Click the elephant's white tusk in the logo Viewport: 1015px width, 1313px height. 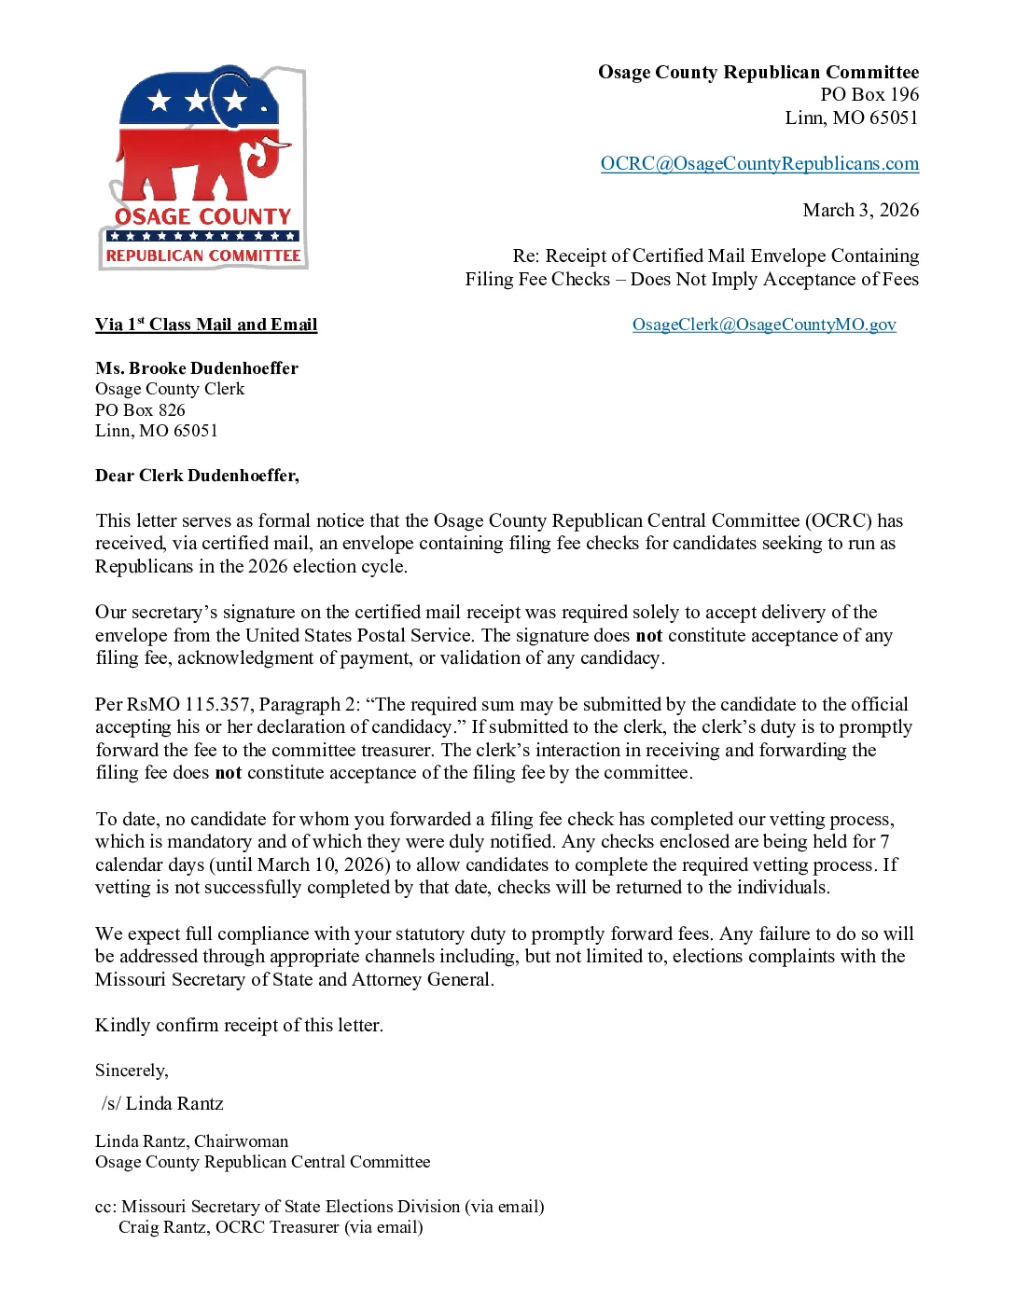click(x=276, y=144)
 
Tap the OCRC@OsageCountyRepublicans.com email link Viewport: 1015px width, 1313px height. click(x=759, y=164)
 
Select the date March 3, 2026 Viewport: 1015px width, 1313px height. click(x=860, y=210)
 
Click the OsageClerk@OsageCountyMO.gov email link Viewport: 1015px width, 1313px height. click(x=764, y=325)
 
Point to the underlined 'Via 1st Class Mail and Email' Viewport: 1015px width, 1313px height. click(x=206, y=325)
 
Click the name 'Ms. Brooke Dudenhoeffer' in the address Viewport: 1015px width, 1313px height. click(x=197, y=368)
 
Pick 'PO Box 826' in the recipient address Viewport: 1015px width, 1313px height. click(x=140, y=410)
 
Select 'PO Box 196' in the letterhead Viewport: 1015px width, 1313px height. click(x=869, y=95)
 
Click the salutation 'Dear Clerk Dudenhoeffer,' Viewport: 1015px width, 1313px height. click(x=197, y=476)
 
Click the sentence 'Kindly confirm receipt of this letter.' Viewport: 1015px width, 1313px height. click(x=239, y=1025)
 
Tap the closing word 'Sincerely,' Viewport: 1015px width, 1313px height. click(x=132, y=1071)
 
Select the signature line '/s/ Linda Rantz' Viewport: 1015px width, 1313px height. click(x=163, y=1104)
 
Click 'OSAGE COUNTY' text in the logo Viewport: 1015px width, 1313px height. click(x=202, y=216)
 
